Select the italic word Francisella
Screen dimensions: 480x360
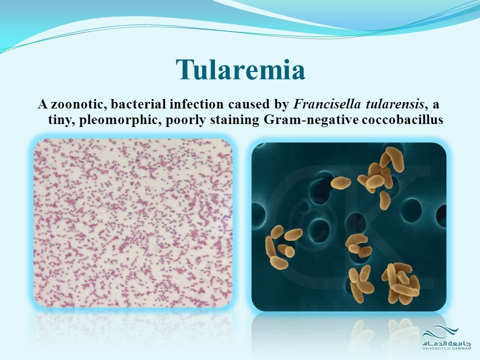327,104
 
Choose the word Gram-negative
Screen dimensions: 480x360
310,119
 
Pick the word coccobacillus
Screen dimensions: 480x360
402,119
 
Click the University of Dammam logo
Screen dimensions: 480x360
446,338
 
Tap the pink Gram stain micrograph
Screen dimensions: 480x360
133,223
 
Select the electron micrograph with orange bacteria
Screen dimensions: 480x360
348,227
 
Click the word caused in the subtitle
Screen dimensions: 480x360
247,104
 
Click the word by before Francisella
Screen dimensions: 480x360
280,104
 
